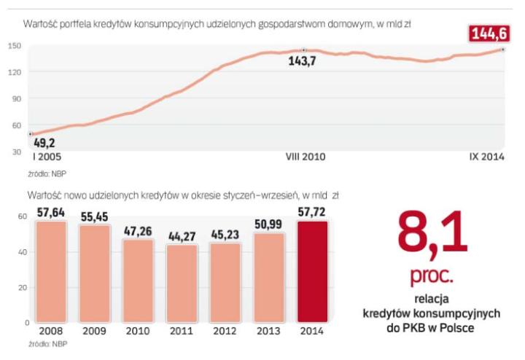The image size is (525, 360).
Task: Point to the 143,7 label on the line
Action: tap(305, 62)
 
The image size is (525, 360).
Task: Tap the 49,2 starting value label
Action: tap(44, 144)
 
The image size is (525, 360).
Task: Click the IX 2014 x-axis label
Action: tap(485, 157)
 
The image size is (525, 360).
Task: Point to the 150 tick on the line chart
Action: tap(15, 46)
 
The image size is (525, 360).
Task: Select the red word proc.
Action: tap(431, 277)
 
